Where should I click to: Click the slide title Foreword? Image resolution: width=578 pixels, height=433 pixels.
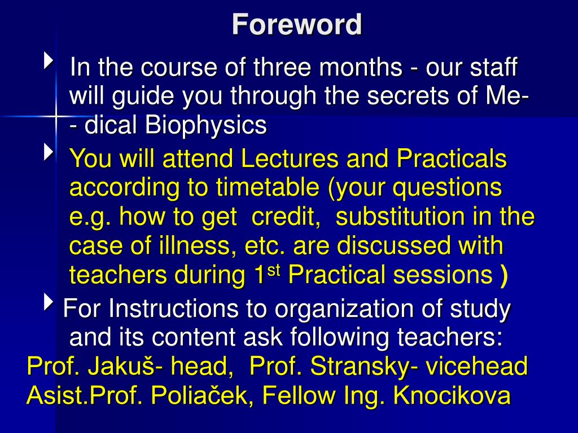point(297,24)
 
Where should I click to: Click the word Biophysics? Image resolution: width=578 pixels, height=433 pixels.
point(205,126)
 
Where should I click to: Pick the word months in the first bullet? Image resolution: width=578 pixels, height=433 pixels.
point(360,67)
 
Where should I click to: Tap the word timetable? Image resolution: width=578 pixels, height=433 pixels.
point(268,187)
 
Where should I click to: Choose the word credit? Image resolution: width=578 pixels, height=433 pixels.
point(286,216)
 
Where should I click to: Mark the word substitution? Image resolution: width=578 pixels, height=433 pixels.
point(401,216)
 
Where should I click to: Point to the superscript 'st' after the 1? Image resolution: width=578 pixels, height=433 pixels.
point(274,270)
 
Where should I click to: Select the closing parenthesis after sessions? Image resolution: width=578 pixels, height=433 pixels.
point(503,276)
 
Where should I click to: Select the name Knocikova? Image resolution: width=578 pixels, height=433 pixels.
point(452,395)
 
